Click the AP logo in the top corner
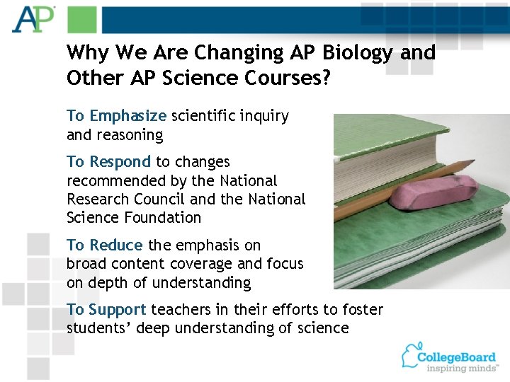coord(33,19)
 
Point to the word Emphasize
coord(128,116)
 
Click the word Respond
coord(120,162)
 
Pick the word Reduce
coord(115,245)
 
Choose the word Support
coord(118,309)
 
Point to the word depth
coord(103,283)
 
